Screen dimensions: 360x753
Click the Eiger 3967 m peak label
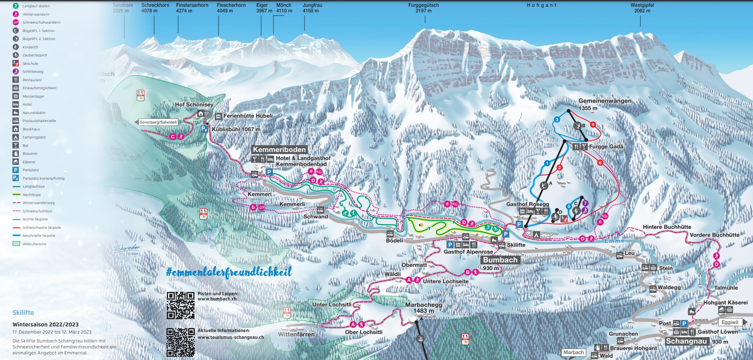(262, 8)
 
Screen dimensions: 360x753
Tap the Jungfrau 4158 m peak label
(312, 8)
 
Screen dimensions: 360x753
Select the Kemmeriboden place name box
(279, 150)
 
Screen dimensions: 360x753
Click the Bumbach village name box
(500, 260)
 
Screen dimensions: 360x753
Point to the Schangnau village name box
(686, 341)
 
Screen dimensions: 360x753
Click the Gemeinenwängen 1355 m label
(605, 104)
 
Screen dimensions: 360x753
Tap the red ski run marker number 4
(593, 125)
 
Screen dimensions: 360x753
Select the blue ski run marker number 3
(557, 120)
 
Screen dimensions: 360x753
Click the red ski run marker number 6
(600, 163)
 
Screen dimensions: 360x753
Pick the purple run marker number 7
(585, 203)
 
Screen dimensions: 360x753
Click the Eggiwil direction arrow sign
(732, 322)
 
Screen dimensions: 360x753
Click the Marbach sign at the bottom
(573, 352)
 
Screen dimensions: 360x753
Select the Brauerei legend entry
(30, 154)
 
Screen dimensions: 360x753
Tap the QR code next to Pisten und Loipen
(180, 305)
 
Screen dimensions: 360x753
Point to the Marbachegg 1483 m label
(423, 308)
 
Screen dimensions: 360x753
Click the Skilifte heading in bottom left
(23, 313)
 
